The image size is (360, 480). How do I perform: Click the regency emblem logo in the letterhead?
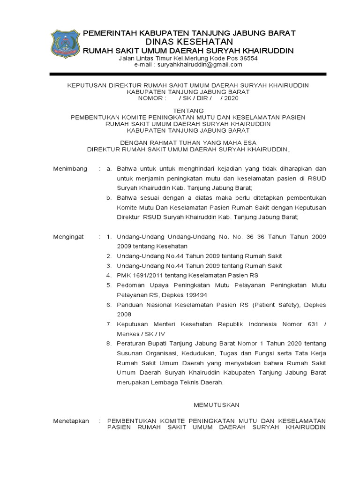(x=65, y=45)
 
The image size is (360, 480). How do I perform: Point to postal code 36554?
(x=248, y=58)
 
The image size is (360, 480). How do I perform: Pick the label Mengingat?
(x=68, y=237)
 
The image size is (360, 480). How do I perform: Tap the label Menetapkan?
(x=71, y=421)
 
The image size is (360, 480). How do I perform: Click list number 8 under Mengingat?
(x=109, y=344)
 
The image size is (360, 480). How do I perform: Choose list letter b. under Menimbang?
(x=109, y=198)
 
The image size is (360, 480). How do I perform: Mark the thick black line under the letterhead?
(x=187, y=74)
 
